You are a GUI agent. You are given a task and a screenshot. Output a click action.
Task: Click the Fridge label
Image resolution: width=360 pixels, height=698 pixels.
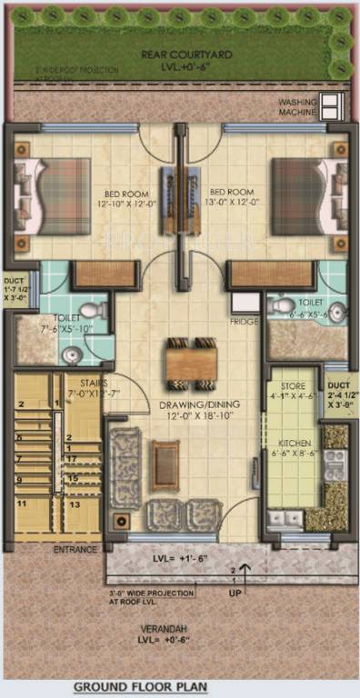click(x=244, y=321)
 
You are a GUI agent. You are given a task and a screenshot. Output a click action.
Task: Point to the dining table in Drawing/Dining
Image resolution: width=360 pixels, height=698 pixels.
click(x=191, y=362)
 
